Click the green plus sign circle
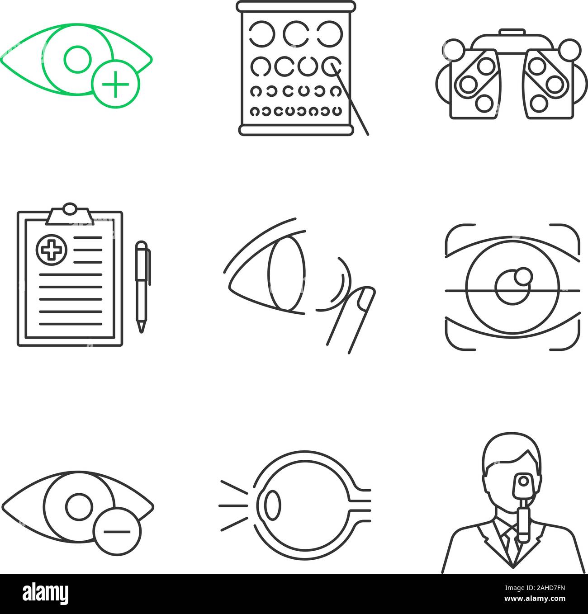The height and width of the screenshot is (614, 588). click(x=115, y=84)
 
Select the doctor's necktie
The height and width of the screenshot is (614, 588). click(x=510, y=545)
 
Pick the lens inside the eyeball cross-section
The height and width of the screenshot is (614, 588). click(x=272, y=505)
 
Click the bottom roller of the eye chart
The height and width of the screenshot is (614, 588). click(x=296, y=130)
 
